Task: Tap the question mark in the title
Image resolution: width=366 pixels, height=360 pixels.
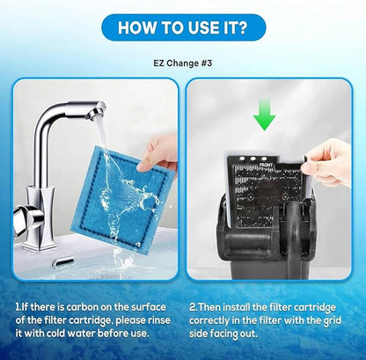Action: pos(242,27)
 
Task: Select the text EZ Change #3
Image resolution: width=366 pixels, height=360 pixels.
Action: pos(182,63)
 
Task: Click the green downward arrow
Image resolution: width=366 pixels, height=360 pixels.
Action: pos(265,114)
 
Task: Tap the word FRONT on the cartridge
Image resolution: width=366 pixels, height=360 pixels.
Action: pos(266,165)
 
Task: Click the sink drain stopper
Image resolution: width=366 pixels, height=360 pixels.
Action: pos(62,261)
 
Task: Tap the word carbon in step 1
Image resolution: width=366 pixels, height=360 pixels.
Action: pos(82,307)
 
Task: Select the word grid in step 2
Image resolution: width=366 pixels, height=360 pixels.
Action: pos(332,320)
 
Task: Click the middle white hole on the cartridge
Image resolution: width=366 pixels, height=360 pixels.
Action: pos(253,158)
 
